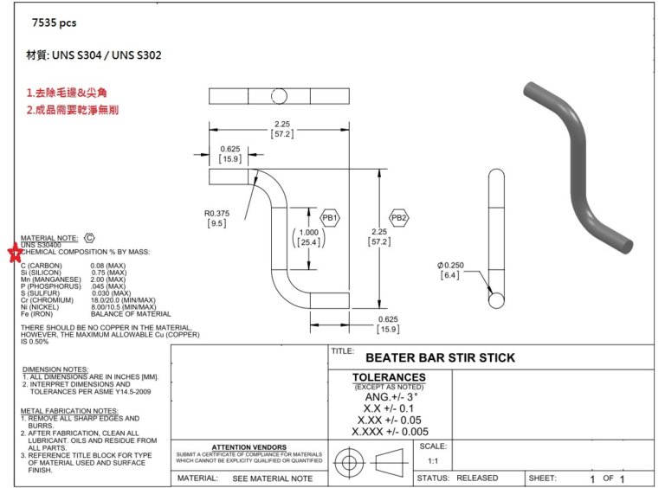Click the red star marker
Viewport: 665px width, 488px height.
[16, 253]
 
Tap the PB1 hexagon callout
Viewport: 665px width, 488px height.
[330, 218]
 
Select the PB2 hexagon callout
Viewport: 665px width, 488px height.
[398, 218]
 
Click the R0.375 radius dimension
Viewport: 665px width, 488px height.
[216, 218]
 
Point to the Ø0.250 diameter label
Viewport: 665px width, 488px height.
[450, 270]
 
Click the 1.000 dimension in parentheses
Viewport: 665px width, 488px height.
[308, 237]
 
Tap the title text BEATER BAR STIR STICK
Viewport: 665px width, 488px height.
[440, 358]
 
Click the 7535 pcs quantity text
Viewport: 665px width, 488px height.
[55, 22]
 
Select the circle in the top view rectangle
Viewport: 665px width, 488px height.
[279, 96]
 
